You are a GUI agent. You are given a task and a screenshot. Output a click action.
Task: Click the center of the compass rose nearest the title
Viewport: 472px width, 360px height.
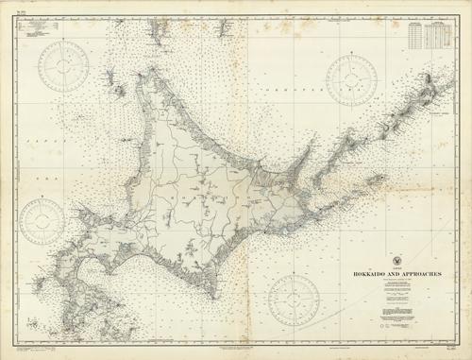coord(295,300)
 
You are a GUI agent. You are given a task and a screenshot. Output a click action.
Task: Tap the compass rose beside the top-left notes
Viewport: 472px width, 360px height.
coord(63,63)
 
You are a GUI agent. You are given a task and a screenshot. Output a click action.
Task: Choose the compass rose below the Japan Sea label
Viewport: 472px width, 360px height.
coord(43,218)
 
